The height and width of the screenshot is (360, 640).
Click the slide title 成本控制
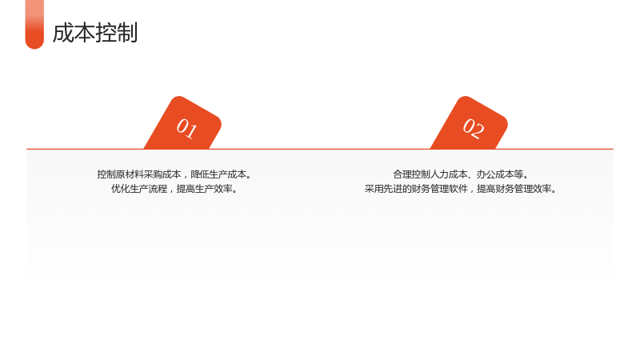pos(95,33)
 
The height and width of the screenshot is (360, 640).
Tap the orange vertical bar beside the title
pos(34,25)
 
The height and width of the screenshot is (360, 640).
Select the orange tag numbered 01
pos(183,123)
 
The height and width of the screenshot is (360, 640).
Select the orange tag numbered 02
pos(470,123)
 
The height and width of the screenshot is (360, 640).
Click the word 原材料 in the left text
pos(130,174)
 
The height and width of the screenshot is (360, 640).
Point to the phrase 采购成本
pos(162,174)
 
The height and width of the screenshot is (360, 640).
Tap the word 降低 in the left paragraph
pos(199,174)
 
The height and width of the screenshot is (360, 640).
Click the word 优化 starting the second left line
pos(121,189)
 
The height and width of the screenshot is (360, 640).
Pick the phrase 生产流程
pos(149,189)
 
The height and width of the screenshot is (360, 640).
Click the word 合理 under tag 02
pos(402,174)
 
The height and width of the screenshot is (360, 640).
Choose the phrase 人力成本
pos(449,174)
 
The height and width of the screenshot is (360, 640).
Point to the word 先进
pos(393,189)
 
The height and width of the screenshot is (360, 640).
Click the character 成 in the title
pos(63,33)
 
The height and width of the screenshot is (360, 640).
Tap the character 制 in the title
pos(127,33)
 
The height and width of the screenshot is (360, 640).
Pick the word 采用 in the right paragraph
pos(374,189)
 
